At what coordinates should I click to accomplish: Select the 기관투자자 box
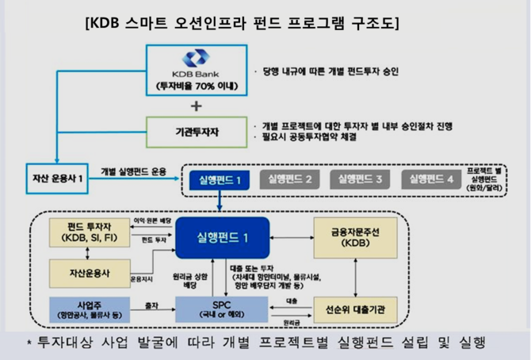pos(196,129)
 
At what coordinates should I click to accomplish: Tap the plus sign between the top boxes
pos(196,105)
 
